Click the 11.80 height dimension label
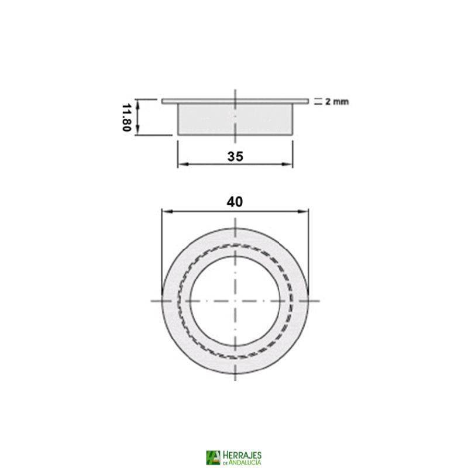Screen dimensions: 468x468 pos(125,118)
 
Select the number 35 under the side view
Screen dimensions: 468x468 pos(235,156)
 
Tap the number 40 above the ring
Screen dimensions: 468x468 pos(235,201)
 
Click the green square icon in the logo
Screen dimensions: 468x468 pos(214,457)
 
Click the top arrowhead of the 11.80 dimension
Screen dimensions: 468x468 pos(139,103)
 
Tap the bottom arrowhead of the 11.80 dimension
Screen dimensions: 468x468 pos(139,132)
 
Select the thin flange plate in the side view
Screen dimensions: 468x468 pos(235,102)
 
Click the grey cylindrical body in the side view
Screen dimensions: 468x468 pos(234,120)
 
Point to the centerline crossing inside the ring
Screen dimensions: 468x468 pos(235,301)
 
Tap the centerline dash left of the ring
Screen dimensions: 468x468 pos(156,301)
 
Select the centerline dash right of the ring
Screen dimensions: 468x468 pos(314,301)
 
